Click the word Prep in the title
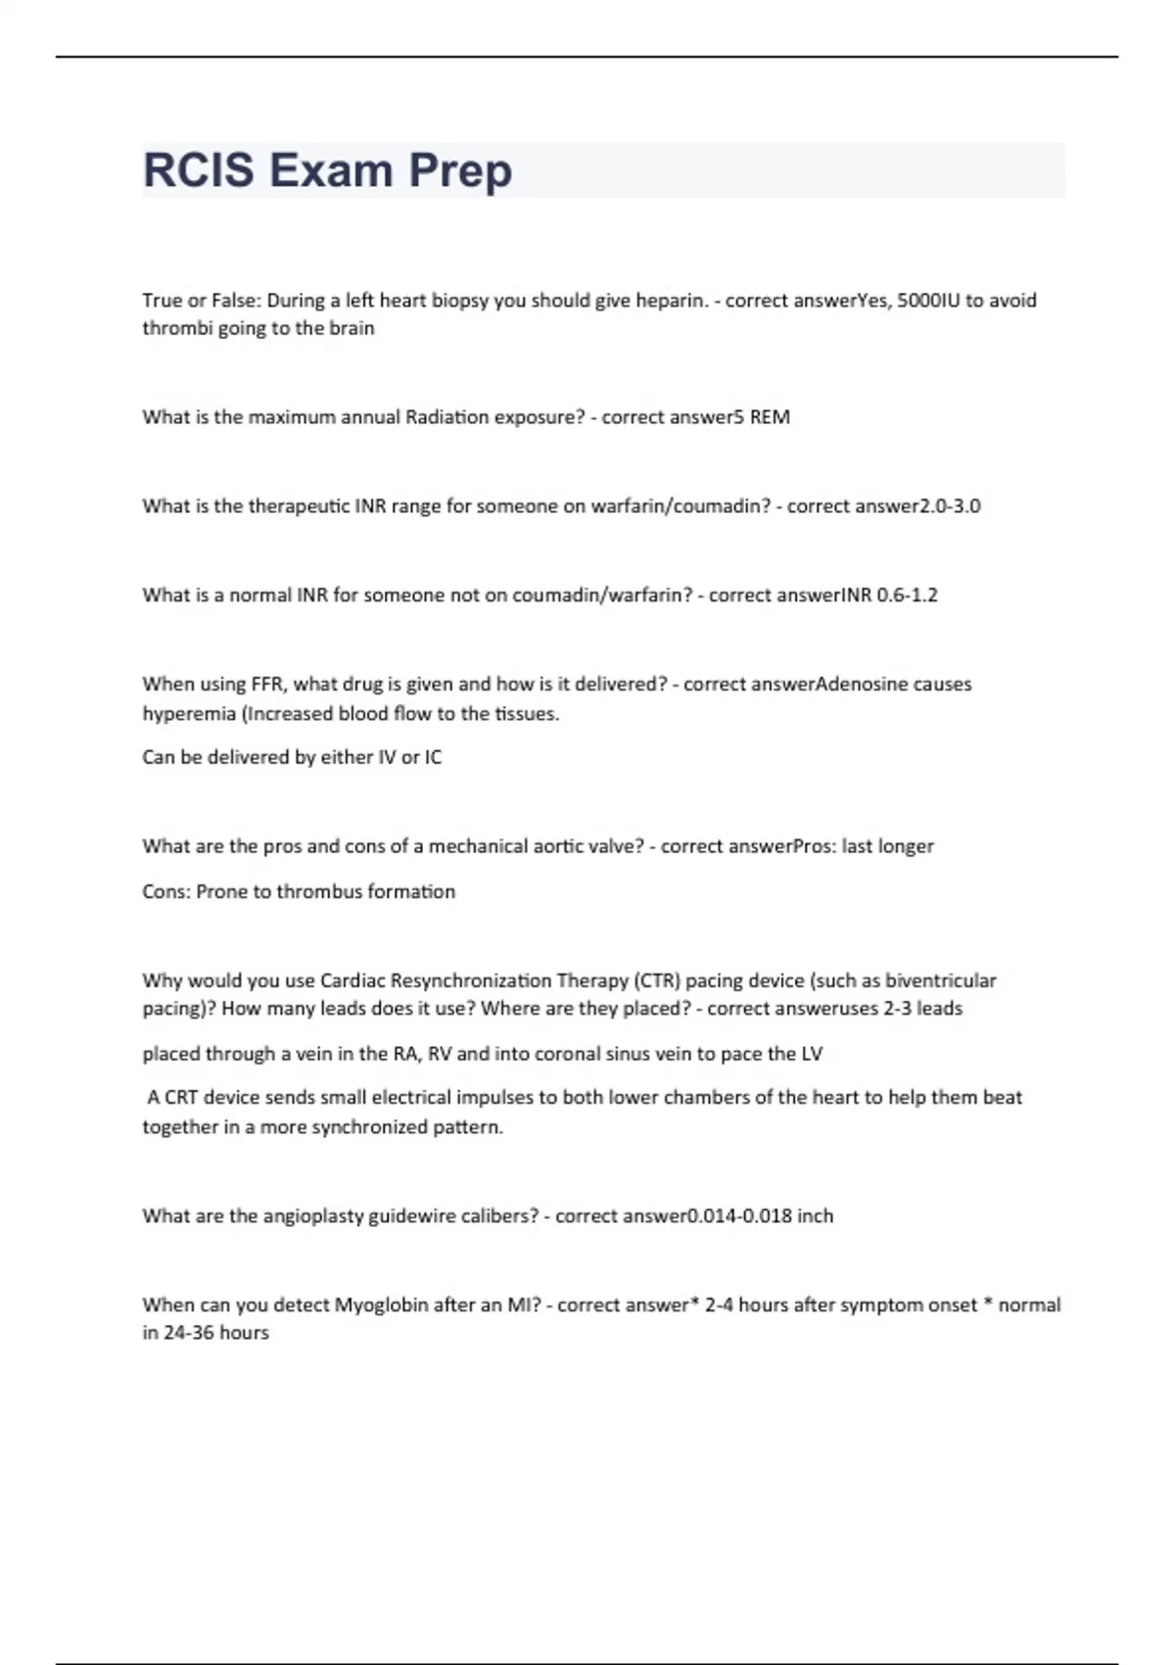pyautogui.click(x=459, y=170)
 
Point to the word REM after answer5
pyautogui.click(x=770, y=416)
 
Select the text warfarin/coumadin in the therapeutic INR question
pyautogui.click(x=681, y=505)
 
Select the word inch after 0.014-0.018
pyautogui.click(x=815, y=1215)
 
